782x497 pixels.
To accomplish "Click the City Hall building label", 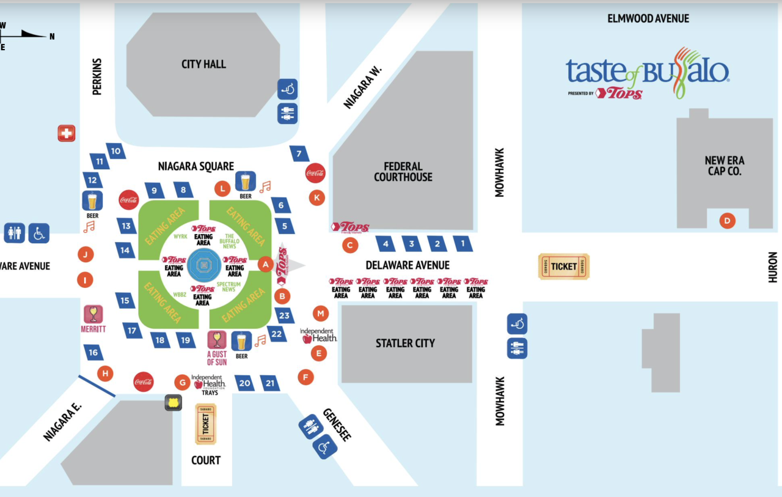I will tap(203, 64).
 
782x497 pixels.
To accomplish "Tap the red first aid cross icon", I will tap(66, 133).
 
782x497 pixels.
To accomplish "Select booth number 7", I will tap(299, 154).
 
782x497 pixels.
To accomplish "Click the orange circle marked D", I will tap(727, 220).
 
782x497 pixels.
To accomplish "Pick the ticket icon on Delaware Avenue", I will tap(563, 267).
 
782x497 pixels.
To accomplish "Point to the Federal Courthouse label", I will tap(403, 172).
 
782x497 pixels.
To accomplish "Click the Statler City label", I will tap(405, 344).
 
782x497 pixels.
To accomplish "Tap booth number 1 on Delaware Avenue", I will tap(462, 244).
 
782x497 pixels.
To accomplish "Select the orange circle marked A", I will tap(265, 264).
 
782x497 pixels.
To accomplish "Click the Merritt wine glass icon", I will tap(93, 314).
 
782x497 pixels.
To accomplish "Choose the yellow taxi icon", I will tap(174, 402).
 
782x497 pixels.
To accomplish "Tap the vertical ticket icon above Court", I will tap(205, 424).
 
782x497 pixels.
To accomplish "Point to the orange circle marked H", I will tap(105, 374).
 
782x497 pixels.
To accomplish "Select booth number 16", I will tap(93, 353).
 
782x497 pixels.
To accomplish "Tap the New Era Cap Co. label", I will tap(724, 166).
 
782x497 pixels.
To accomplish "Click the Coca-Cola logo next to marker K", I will tap(315, 174).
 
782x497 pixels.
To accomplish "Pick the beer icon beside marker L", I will tap(245, 182).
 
